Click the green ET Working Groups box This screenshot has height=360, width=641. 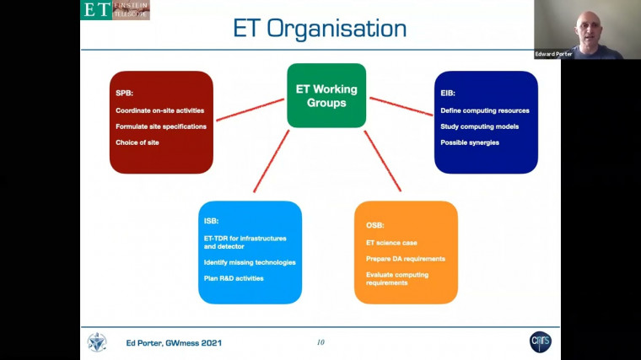coord(326,95)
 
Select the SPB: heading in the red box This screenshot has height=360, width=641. coord(124,94)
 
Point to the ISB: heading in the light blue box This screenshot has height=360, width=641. coord(212,221)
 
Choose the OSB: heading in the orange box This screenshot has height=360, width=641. coord(374,225)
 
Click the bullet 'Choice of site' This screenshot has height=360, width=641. coord(137,142)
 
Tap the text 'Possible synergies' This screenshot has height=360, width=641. coord(470,142)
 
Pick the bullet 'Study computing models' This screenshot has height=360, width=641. coord(479,126)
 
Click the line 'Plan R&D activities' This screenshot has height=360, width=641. coord(234,278)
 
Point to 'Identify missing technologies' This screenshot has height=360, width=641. coord(250,262)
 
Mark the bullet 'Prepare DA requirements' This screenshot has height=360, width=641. coord(405,258)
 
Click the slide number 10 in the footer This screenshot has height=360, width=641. coord(320,342)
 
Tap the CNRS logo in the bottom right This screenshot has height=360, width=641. coord(541,341)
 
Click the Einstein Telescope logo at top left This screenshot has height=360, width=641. coord(115,9)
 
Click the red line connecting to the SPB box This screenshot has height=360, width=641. coord(250,110)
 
